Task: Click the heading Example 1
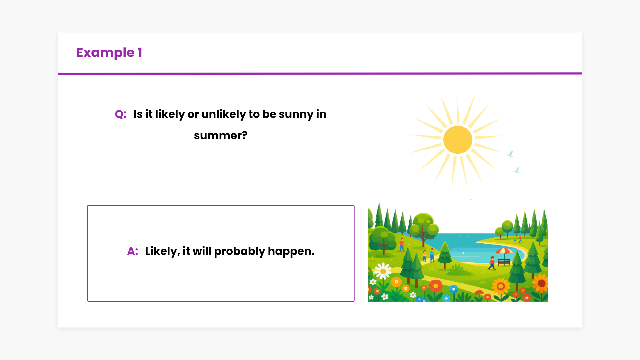point(109,53)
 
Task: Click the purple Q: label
point(121,114)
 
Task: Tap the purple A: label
point(133,251)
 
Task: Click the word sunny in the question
point(296,114)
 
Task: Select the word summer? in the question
point(221,135)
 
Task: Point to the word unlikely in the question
point(224,114)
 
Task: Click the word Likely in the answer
point(162,251)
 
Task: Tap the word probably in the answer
point(240,251)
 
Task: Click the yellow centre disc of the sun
point(458,140)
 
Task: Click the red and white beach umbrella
point(504,252)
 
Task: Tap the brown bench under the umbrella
point(504,262)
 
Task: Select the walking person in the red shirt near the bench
point(492,263)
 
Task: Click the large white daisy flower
point(383,271)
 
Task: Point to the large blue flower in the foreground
point(453,289)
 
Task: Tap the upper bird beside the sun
point(510,154)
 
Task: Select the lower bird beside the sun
point(516,170)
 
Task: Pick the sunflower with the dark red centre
point(541,283)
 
